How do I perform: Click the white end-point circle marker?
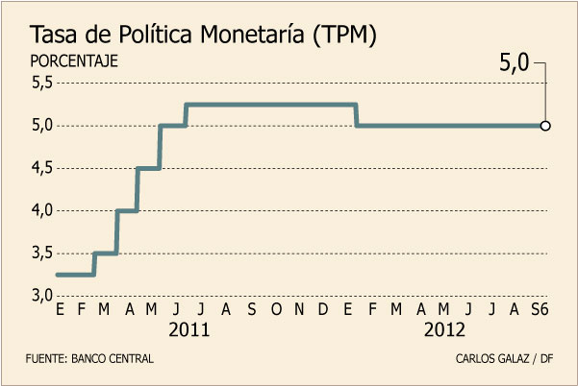(545, 125)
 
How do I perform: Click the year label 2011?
(189, 329)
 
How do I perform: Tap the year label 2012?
(444, 329)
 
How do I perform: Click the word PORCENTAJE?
(73, 60)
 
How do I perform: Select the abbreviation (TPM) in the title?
(342, 36)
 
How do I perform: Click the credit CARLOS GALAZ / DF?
(505, 358)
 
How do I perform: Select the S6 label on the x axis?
(541, 309)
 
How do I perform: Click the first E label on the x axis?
(61, 309)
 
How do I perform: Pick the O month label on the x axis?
(275, 309)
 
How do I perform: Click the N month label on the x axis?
(299, 309)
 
